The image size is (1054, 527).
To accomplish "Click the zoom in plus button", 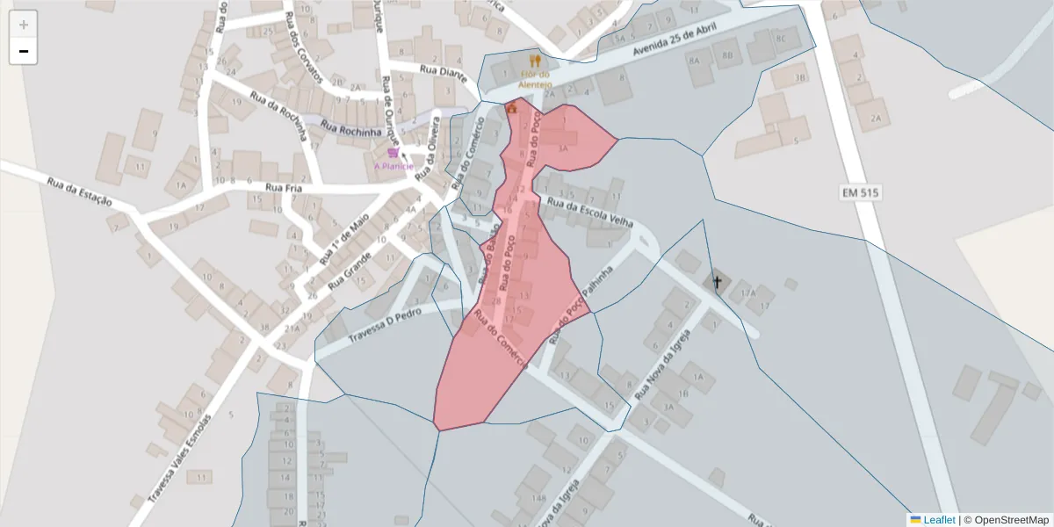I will coord(24,25).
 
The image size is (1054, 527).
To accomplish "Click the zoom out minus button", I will coord(24,52).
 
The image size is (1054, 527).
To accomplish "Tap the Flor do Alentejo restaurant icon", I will coord(535,61).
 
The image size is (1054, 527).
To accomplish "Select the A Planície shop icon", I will coord(392,153).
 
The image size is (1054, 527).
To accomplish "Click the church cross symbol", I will coord(717,282).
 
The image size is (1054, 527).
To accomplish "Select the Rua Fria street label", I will coord(283,187).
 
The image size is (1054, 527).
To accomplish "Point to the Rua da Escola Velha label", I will coord(590,213).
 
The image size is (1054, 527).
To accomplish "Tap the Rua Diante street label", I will coord(441,70).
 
